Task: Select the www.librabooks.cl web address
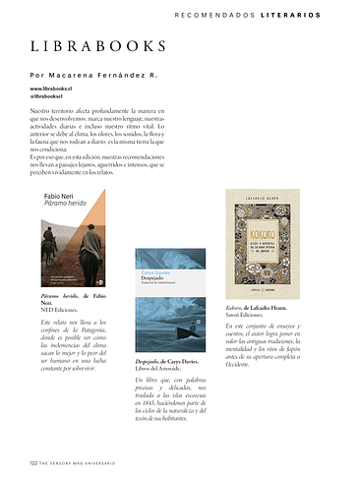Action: (x=54, y=89)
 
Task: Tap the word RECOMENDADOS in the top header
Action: (x=213, y=15)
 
